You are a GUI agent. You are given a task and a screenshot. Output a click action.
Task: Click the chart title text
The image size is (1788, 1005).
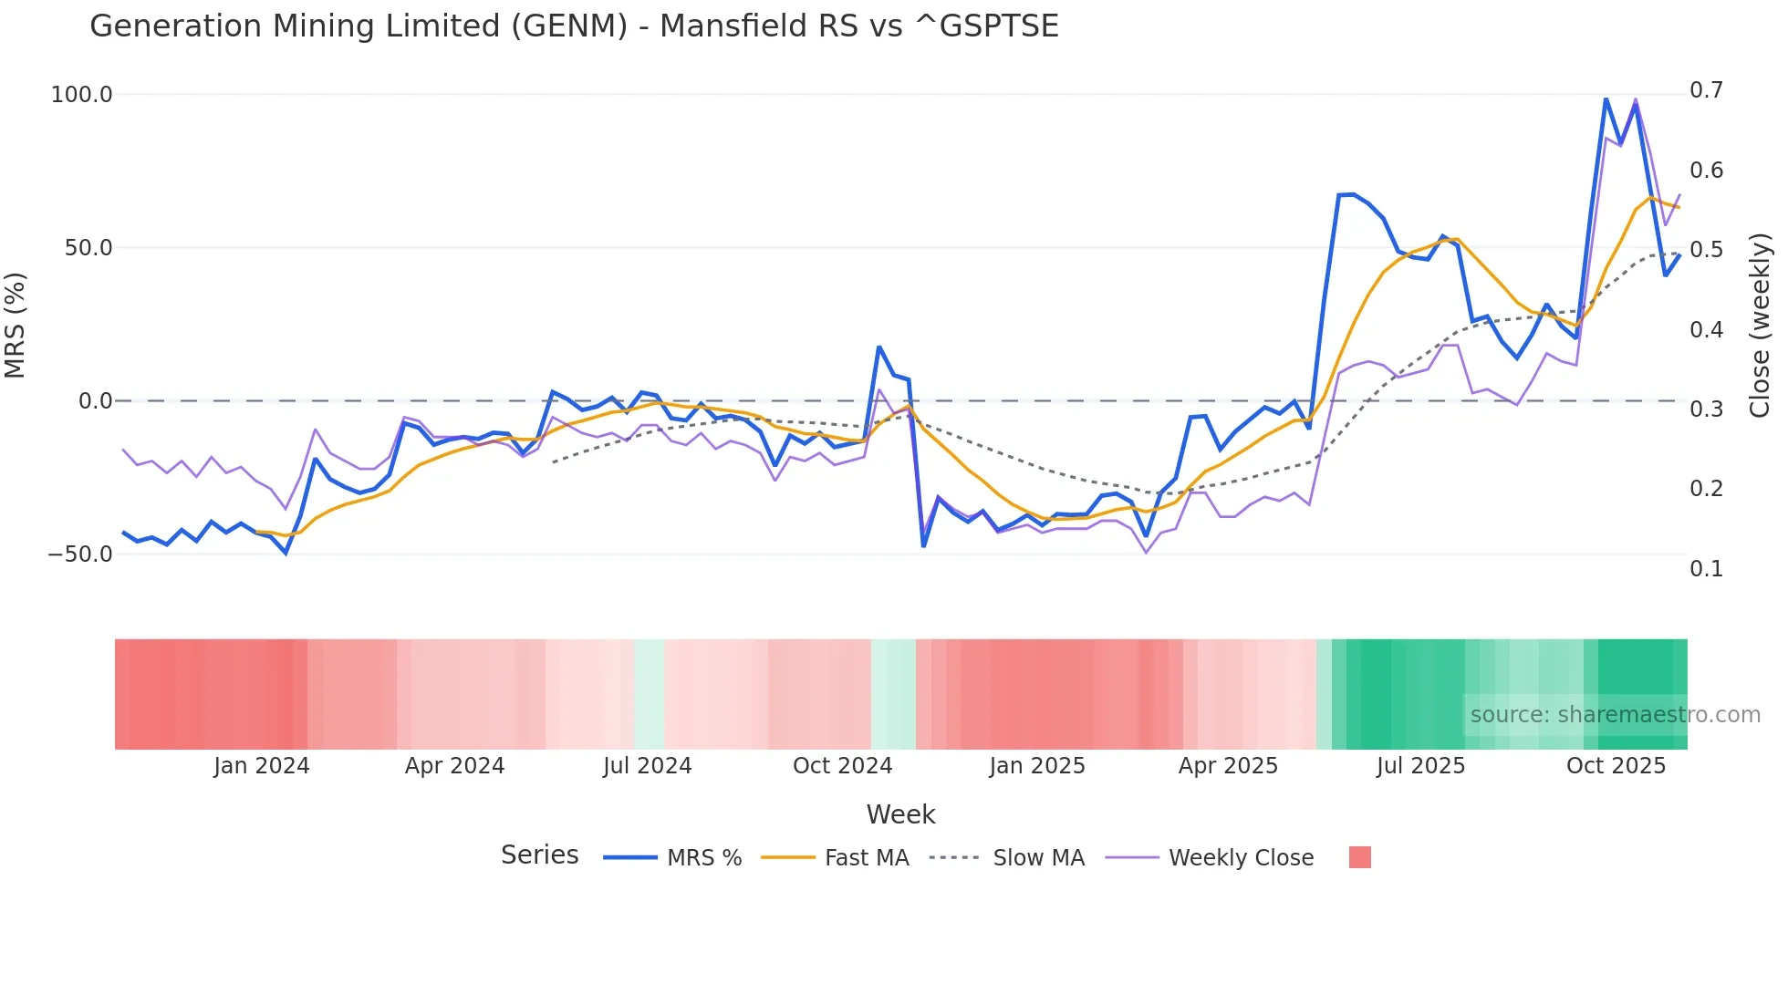[x=574, y=26]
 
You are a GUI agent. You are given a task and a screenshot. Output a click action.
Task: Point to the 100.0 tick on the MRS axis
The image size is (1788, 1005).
[x=82, y=95]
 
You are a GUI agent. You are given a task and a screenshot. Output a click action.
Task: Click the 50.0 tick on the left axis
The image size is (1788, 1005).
[x=88, y=248]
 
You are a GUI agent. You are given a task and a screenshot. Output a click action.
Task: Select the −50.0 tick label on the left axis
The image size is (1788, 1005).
[x=80, y=554]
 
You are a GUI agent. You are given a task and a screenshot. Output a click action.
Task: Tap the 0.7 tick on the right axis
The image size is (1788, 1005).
[x=1706, y=90]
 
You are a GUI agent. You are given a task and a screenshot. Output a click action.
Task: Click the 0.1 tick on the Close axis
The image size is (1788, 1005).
[x=1706, y=569]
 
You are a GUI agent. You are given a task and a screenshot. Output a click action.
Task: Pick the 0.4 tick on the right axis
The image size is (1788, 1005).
[x=1706, y=329]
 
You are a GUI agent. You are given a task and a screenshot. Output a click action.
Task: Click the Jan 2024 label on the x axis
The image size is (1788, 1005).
[x=262, y=766]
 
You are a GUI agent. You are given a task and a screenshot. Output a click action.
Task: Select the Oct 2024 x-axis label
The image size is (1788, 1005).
[x=842, y=766]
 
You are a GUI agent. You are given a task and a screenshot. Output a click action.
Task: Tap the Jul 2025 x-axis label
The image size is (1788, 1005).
[x=1420, y=766]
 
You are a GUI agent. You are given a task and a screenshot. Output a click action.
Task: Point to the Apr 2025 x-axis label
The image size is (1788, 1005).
[x=1228, y=766]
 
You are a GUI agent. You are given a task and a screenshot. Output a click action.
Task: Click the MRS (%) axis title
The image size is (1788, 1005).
[x=16, y=326]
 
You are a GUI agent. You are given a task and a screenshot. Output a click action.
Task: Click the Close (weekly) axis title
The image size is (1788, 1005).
[x=1760, y=326]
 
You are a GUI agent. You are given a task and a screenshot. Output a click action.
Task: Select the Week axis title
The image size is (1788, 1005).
[x=900, y=814]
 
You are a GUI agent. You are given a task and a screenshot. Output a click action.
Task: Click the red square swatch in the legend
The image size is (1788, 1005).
[x=1359, y=857]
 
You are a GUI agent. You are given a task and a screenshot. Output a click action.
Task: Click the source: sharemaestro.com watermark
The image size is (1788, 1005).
[x=1615, y=715]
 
